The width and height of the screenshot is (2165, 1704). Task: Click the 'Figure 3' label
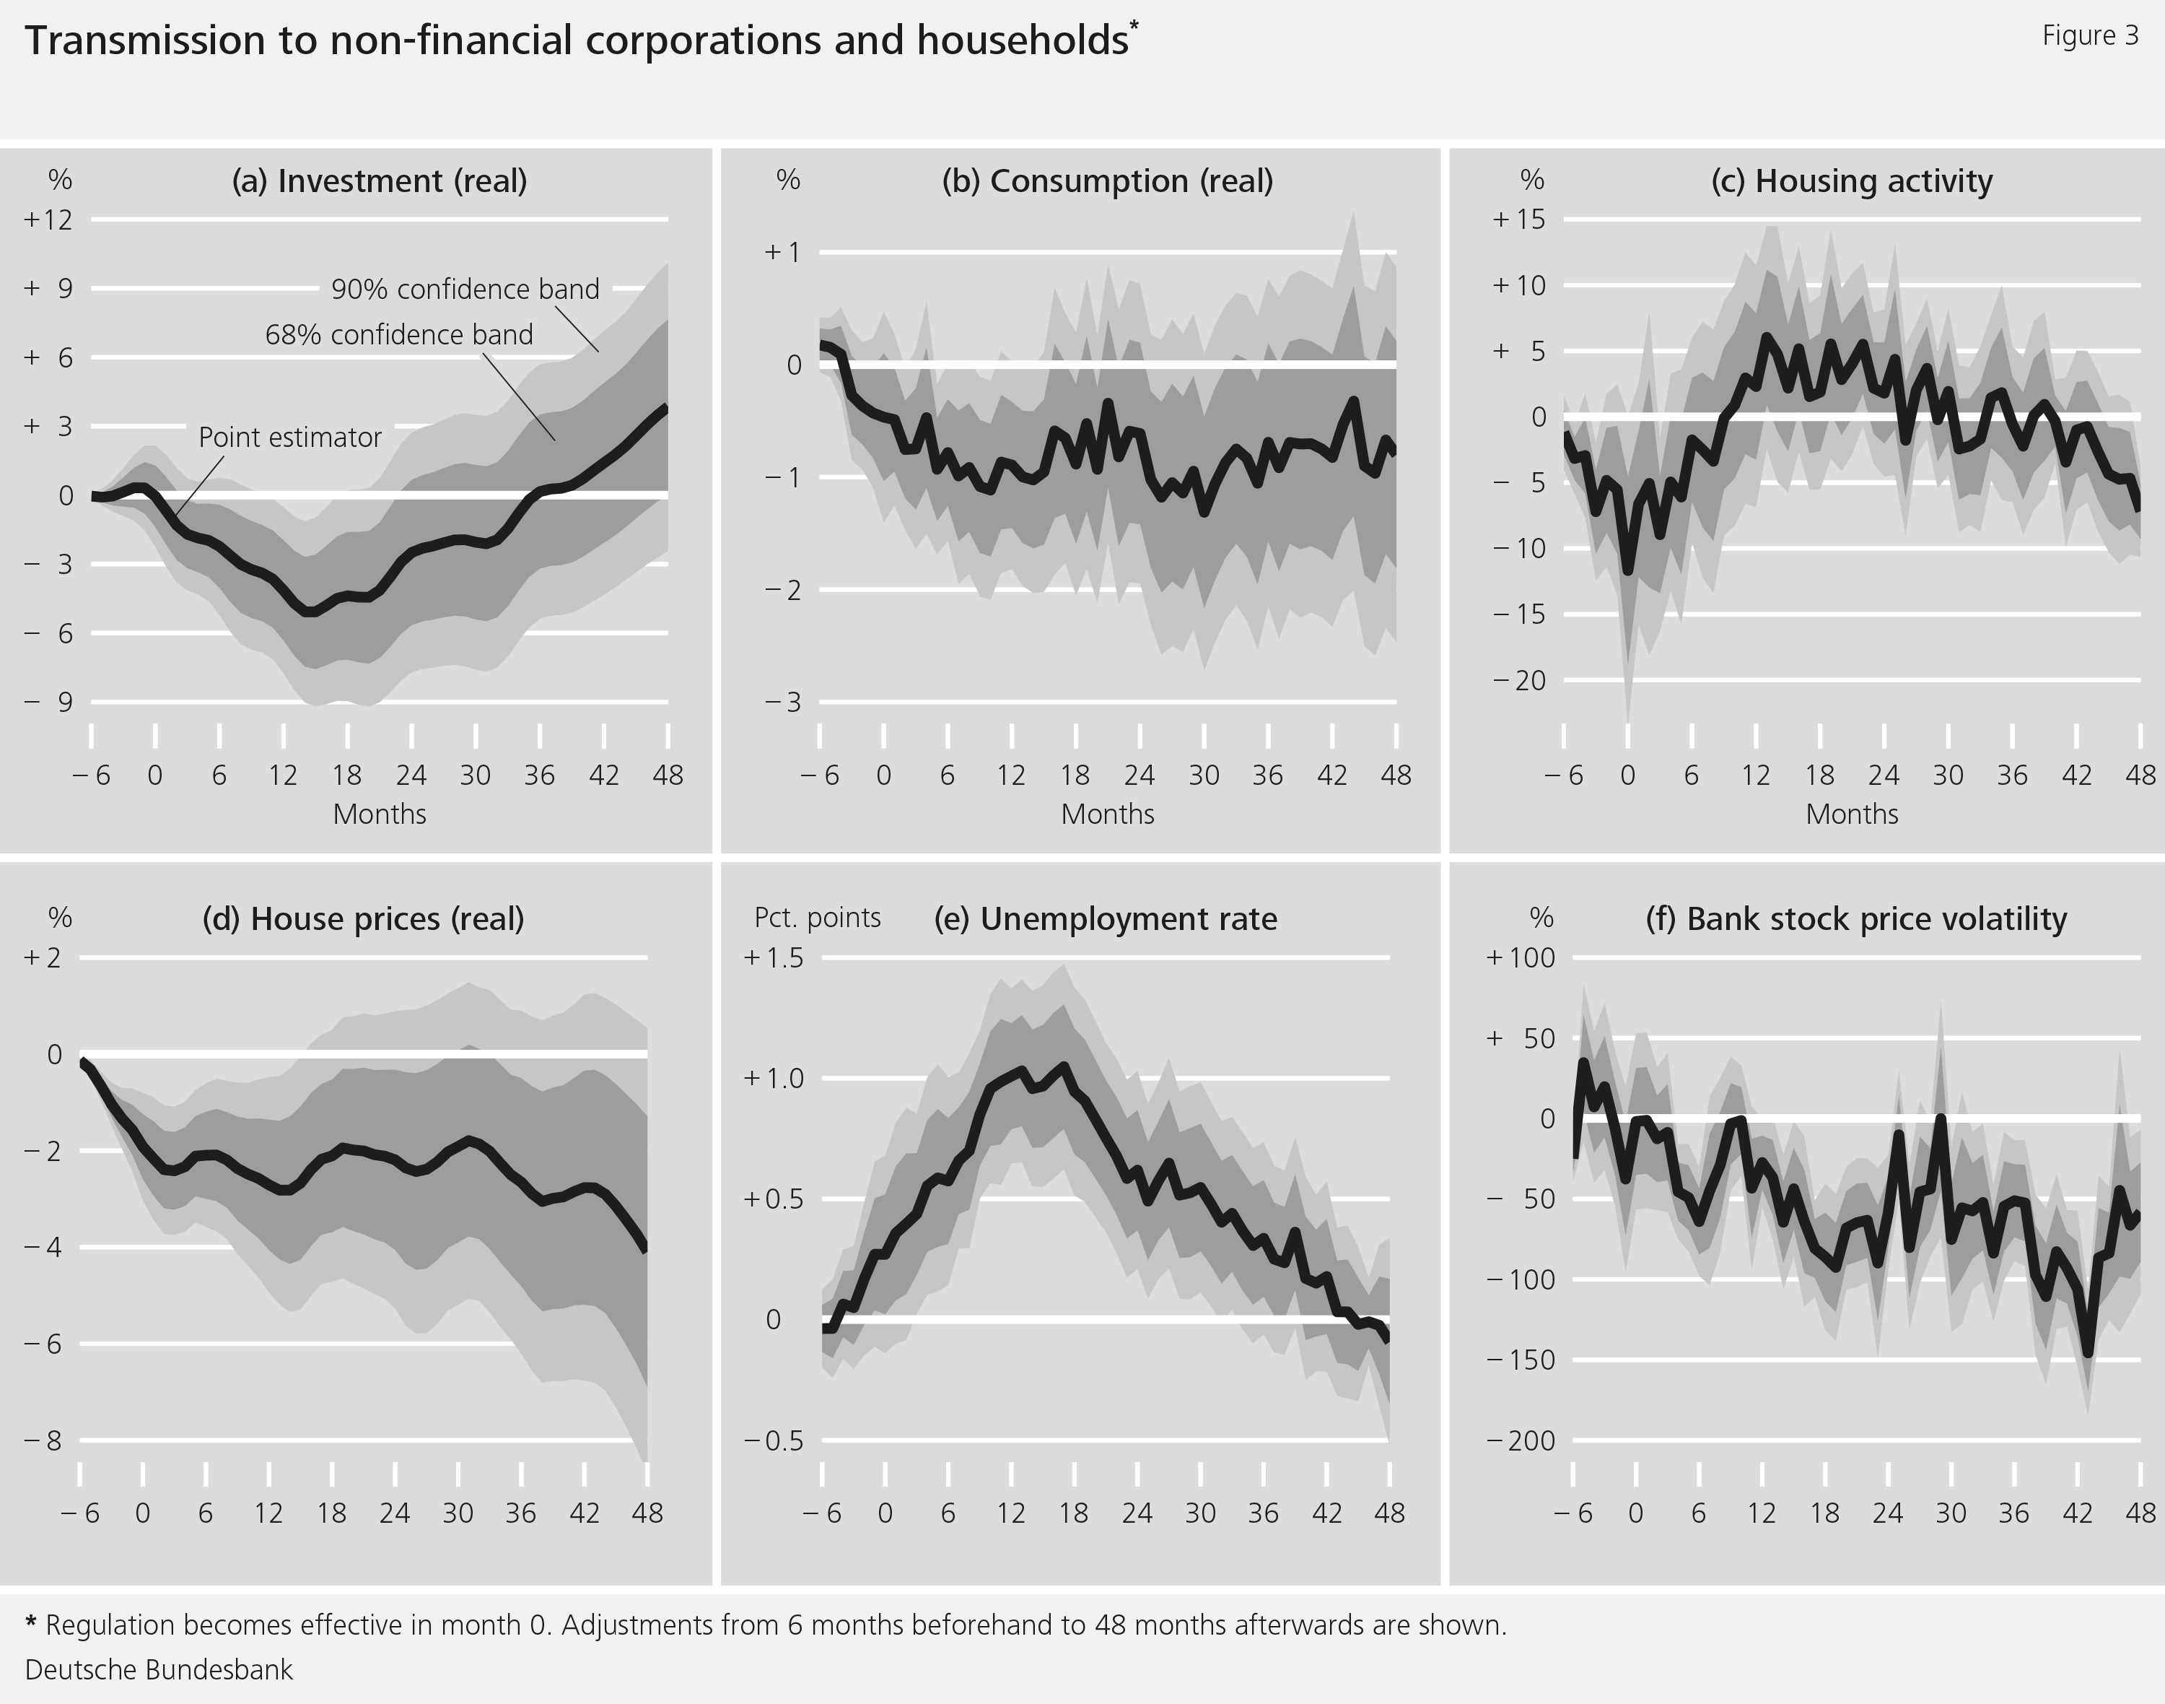(x=2089, y=36)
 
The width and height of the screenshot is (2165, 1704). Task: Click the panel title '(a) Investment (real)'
(x=379, y=181)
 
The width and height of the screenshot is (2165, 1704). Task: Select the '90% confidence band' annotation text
(x=465, y=290)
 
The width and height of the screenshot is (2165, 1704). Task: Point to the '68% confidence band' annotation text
(x=399, y=335)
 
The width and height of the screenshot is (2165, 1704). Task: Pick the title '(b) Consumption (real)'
(x=1107, y=181)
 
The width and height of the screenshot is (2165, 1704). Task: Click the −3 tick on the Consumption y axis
(x=783, y=703)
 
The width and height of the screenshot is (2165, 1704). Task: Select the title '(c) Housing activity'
(x=1851, y=181)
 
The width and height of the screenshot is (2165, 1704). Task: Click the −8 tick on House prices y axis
(x=42, y=1440)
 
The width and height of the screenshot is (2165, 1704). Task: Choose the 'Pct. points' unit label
(x=817, y=918)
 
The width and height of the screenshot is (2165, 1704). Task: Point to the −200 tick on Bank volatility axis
(x=1520, y=1440)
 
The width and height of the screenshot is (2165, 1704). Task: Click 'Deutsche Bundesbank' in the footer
(x=159, y=1670)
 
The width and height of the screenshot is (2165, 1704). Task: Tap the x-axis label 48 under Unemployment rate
(x=1389, y=1514)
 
